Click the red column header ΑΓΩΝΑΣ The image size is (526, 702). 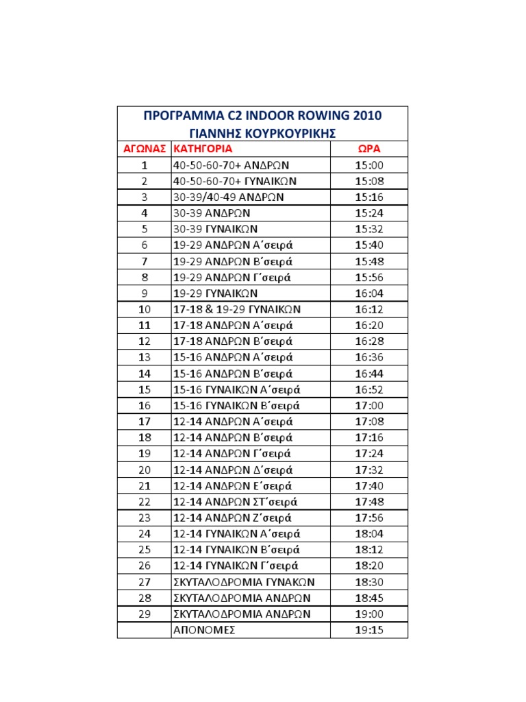(x=145, y=149)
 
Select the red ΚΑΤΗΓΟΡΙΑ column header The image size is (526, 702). (x=203, y=149)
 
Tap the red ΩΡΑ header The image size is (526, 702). (x=368, y=149)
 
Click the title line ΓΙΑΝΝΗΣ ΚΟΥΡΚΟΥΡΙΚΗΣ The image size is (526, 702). (x=262, y=132)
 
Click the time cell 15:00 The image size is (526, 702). (x=368, y=165)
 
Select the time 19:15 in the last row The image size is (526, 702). (x=368, y=630)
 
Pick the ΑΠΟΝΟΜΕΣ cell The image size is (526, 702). (x=204, y=630)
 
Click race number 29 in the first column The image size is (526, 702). (x=145, y=614)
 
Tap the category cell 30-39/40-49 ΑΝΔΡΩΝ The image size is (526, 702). (x=229, y=197)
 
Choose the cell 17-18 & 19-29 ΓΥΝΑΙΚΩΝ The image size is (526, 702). (x=237, y=309)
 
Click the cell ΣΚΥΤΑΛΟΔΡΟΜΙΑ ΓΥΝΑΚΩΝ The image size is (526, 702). (x=243, y=582)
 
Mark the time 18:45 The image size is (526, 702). (x=368, y=598)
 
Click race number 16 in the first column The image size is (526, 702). (x=145, y=405)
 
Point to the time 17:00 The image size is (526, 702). (x=368, y=405)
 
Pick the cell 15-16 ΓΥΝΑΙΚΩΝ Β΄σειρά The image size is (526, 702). (x=236, y=405)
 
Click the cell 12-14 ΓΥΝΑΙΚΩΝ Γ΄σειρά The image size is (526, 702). (x=236, y=566)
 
